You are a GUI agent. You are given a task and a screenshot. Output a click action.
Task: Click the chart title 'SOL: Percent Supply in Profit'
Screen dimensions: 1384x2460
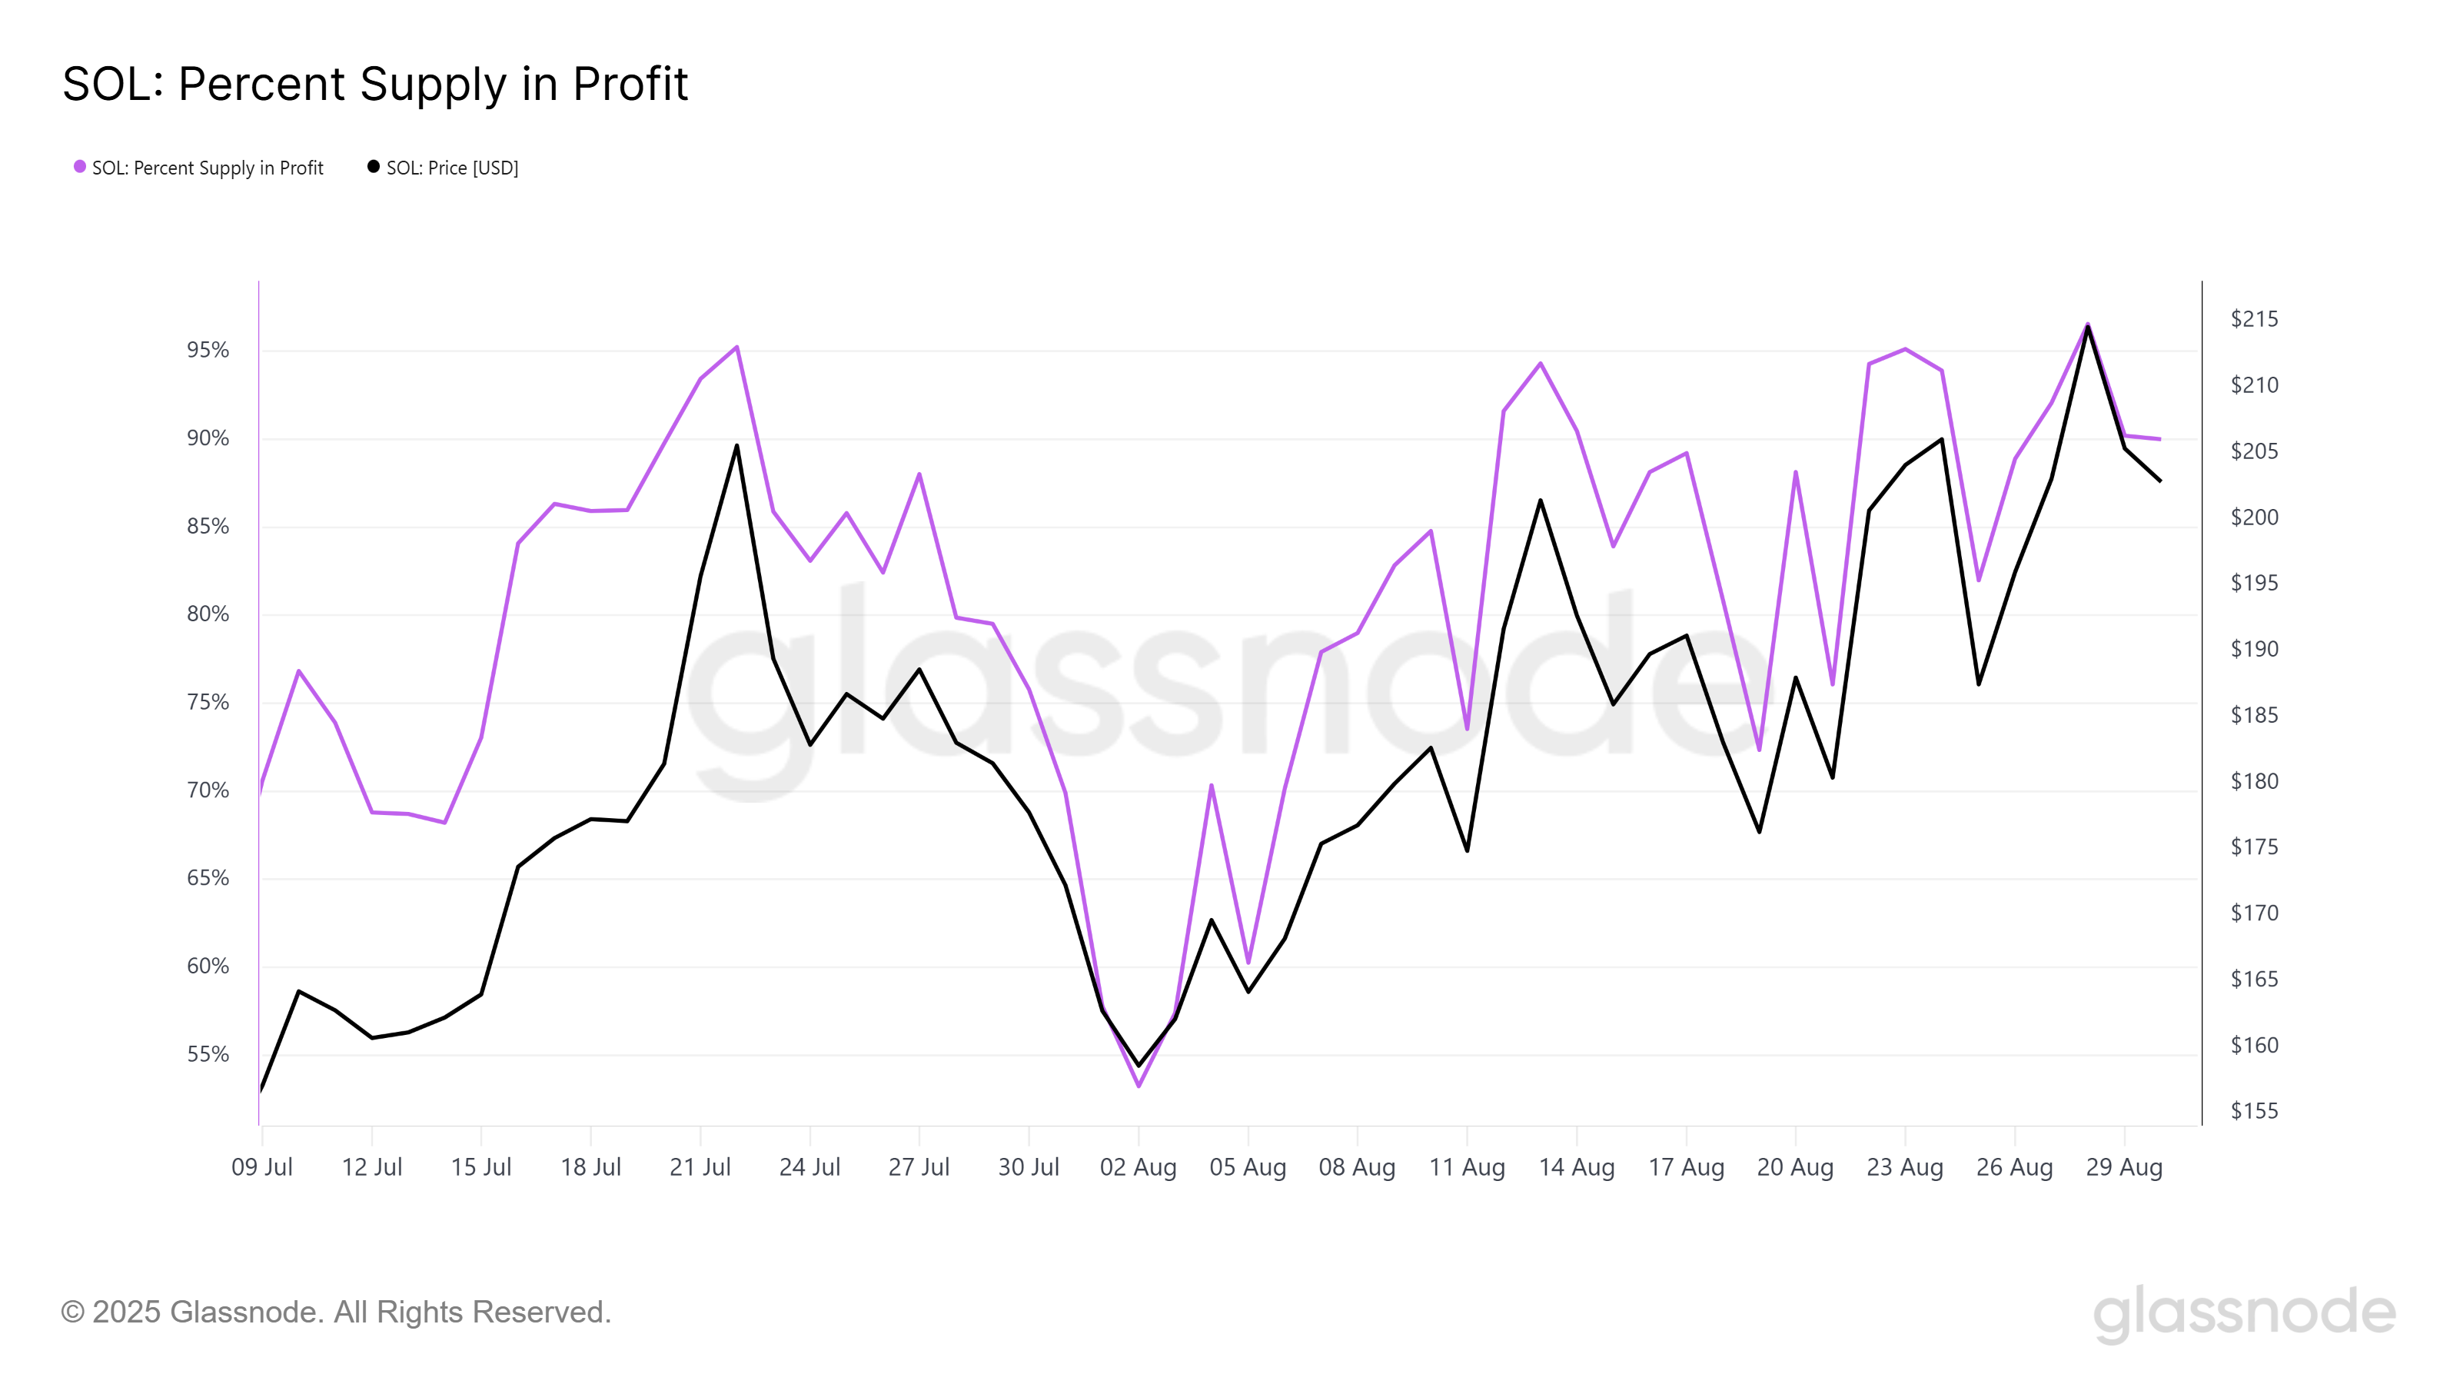(x=374, y=84)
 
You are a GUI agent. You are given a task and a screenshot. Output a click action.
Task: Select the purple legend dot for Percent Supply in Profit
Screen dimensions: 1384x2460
(x=80, y=167)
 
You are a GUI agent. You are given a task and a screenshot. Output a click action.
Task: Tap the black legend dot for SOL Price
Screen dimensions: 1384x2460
(x=374, y=167)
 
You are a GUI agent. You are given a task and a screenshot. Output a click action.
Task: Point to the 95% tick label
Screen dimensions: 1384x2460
(x=208, y=351)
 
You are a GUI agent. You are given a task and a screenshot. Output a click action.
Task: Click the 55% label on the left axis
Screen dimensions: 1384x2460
(x=208, y=1054)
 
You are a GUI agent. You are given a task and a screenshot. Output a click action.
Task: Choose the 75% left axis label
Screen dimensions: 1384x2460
(x=208, y=703)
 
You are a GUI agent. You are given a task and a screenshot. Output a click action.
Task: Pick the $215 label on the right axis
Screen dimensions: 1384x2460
(x=2254, y=319)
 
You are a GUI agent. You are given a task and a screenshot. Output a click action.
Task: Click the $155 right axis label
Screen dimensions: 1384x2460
(x=2254, y=1111)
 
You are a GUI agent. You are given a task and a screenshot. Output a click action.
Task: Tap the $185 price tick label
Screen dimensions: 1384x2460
(x=2254, y=715)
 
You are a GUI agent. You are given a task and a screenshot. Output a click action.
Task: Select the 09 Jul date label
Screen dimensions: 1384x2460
(x=261, y=1167)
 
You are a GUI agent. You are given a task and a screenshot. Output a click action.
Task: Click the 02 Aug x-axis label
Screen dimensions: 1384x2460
(x=1138, y=1167)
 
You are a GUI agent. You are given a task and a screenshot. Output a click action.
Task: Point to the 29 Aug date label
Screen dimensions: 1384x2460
(x=2124, y=1167)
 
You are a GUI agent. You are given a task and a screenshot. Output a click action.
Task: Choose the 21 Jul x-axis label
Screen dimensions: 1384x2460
(x=700, y=1167)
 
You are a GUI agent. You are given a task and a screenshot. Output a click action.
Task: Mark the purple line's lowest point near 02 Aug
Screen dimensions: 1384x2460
(x=1139, y=1086)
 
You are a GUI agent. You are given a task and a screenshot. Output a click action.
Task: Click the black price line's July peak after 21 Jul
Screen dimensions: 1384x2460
(x=737, y=445)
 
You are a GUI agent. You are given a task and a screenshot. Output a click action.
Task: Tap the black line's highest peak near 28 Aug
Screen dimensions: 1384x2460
(x=2088, y=327)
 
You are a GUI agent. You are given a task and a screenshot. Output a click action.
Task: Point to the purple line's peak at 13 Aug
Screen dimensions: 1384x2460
(x=1541, y=363)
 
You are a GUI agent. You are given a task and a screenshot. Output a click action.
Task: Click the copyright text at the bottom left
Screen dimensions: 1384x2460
(x=335, y=1312)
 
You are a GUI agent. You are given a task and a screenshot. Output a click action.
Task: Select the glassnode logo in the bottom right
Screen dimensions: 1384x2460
(x=2244, y=1312)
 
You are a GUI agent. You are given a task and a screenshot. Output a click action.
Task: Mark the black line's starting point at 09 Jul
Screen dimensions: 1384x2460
(x=261, y=1089)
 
